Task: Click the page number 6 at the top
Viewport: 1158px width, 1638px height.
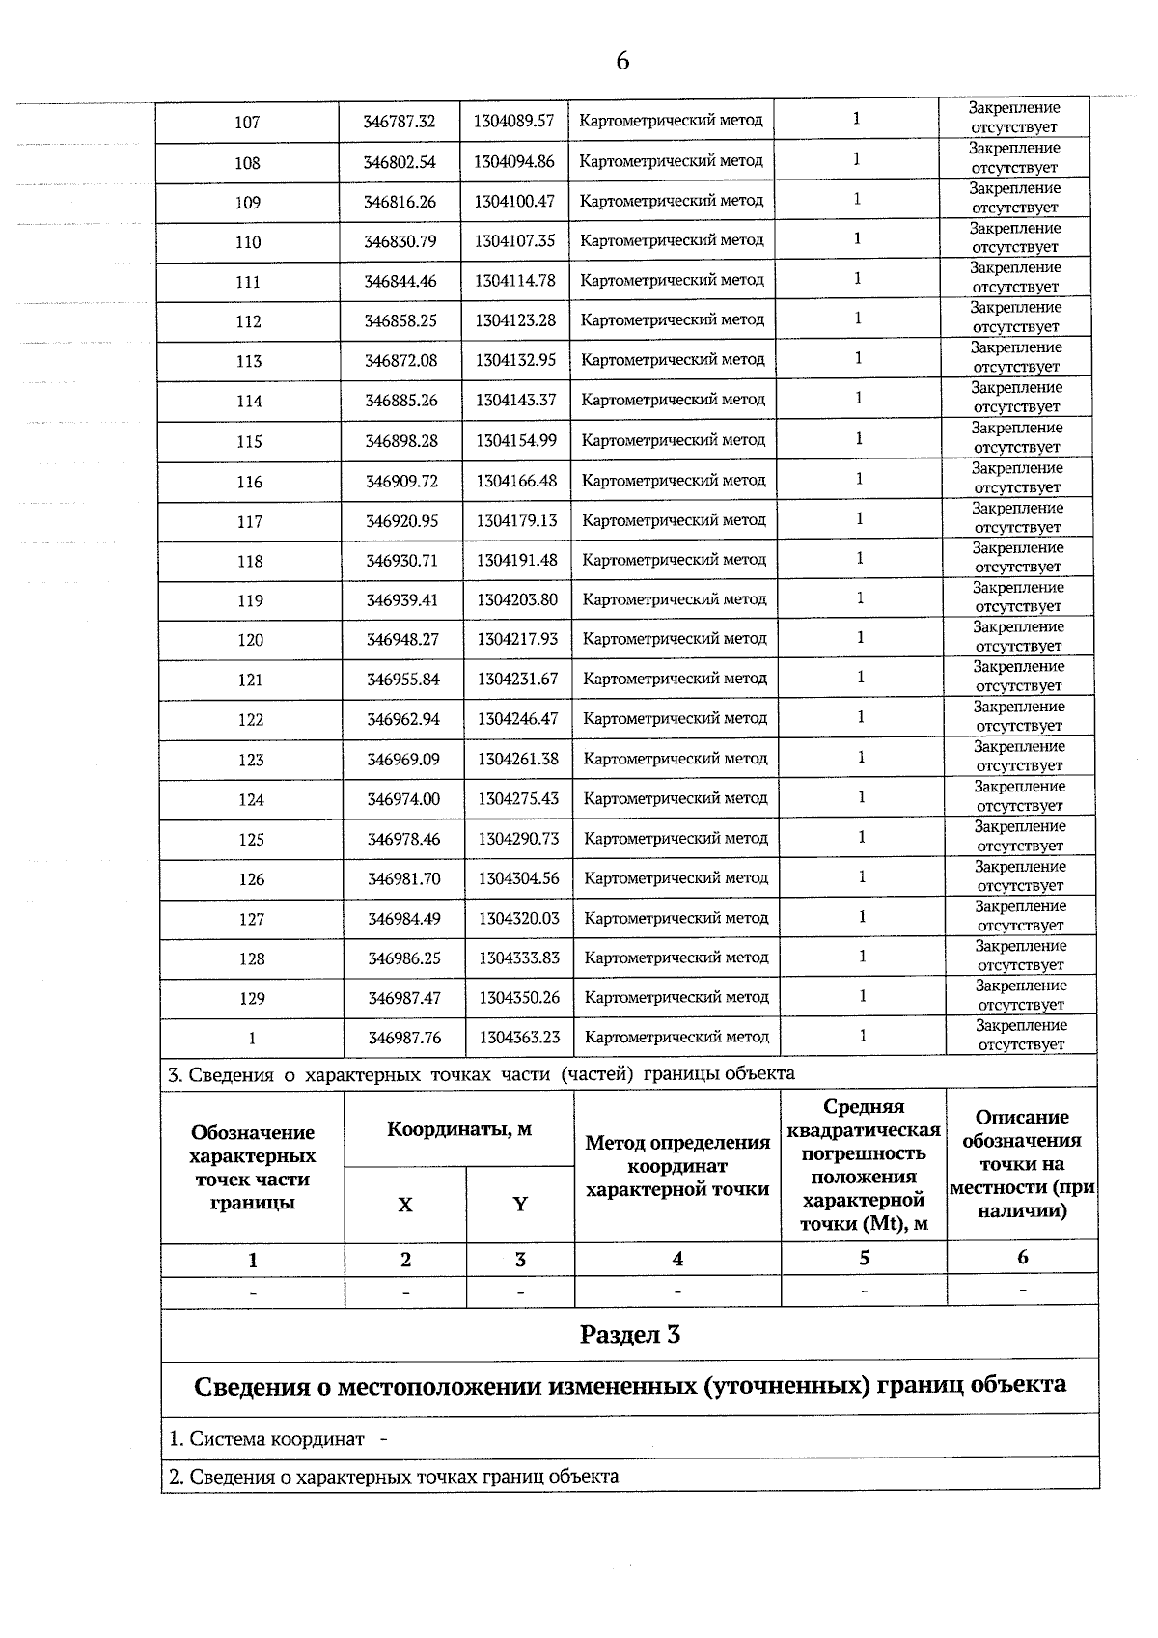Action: point(622,61)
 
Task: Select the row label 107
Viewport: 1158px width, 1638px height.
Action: point(247,123)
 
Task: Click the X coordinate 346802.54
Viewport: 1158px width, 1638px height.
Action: point(400,162)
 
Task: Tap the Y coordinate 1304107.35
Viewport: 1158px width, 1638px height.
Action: point(514,241)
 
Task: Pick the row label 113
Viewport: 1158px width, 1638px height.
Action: point(249,361)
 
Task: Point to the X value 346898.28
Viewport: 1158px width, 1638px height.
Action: point(401,441)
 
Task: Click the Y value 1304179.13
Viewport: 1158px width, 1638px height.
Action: point(516,521)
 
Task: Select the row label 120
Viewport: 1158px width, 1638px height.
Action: point(250,640)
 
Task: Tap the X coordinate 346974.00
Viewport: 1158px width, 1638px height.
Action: point(403,799)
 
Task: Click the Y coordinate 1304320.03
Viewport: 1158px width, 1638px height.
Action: point(519,919)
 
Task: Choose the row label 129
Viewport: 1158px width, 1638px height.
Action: point(252,999)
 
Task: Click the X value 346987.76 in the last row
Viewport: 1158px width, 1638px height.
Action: point(404,1038)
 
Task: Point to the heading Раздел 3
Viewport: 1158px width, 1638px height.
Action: point(629,1335)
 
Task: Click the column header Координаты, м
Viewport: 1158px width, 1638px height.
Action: point(459,1129)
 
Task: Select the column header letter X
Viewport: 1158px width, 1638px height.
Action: point(405,1205)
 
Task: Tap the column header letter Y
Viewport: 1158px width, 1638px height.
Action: point(520,1205)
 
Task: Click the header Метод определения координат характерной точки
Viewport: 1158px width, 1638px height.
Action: point(677,1166)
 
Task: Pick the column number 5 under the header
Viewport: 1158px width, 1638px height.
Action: point(864,1258)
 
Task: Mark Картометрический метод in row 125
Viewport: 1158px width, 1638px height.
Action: point(675,838)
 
